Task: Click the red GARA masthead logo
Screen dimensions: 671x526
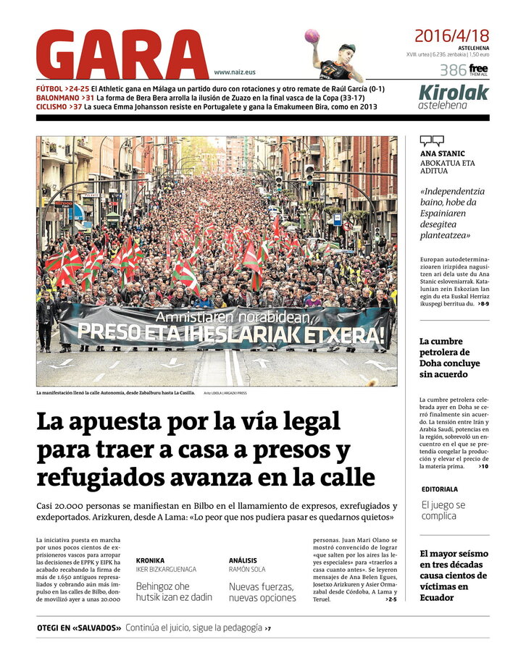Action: click(x=122, y=55)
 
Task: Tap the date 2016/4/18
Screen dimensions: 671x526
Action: click(x=451, y=35)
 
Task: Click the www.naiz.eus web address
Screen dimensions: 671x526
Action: click(x=235, y=72)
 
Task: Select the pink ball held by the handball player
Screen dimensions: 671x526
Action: click(x=312, y=35)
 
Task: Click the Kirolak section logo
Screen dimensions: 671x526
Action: click(x=454, y=93)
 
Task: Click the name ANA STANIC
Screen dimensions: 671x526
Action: click(x=441, y=153)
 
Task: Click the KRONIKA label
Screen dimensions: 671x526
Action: click(x=150, y=560)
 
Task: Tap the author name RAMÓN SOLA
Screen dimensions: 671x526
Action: click(x=247, y=570)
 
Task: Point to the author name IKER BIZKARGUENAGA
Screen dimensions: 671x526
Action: click(x=166, y=570)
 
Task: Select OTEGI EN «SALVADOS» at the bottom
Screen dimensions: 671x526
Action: click(x=79, y=628)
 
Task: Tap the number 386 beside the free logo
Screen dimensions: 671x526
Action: click(x=452, y=70)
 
